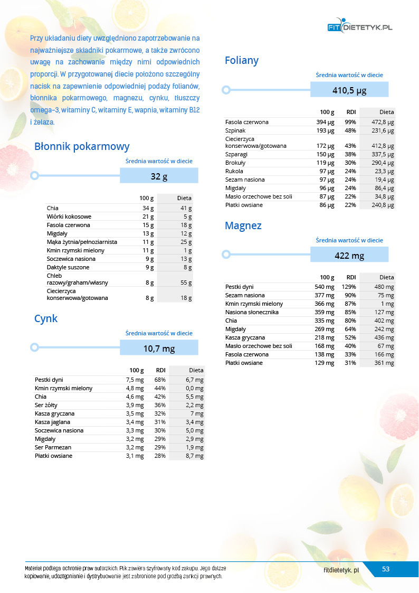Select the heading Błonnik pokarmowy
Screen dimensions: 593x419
[x=81, y=146]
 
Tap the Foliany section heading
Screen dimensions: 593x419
[x=242, y=60]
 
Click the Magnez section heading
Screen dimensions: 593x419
[x=243, y=225]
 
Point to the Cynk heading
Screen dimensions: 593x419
[x=46, y=318]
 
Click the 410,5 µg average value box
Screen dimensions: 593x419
[x=349, y=90]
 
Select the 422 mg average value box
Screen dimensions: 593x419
[x=349, y=256]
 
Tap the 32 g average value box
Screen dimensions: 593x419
[x=159, y=176]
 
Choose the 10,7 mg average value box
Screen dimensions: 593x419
[x=159, y=349]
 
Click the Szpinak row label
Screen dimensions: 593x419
[x=235, y=130]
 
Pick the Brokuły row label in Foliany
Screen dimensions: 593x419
[x=235, y=163]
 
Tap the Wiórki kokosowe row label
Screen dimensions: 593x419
[x=69, y=217]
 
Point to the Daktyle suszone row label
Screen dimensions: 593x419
[x=68, y=267]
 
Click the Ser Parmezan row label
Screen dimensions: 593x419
[x=53, y=447]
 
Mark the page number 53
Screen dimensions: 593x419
[x=386, y=569]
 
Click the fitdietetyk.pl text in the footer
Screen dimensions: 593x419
[x=341, y=570]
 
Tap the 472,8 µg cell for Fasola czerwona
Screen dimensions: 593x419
[x=383, y=122]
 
